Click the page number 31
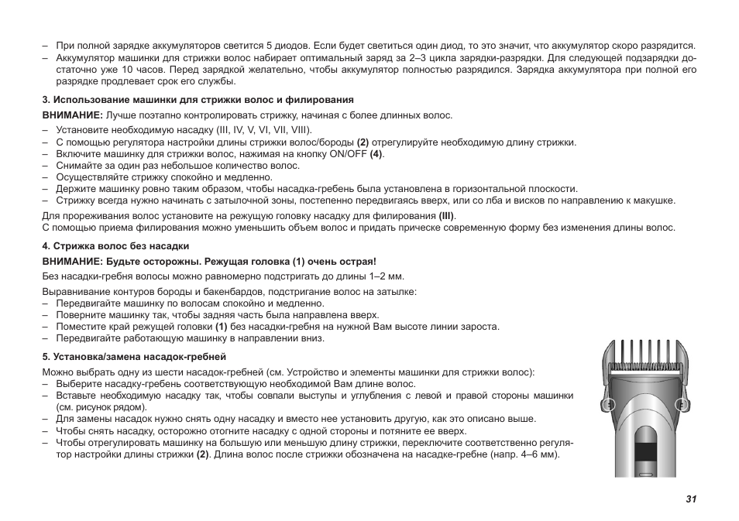point(691,499)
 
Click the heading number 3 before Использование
point(46,100)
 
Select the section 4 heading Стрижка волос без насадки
point(115,247)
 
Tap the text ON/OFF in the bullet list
point(349,154)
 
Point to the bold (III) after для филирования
point(447,216)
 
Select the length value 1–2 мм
point(386,276)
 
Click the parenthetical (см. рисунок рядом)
point(101,407)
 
